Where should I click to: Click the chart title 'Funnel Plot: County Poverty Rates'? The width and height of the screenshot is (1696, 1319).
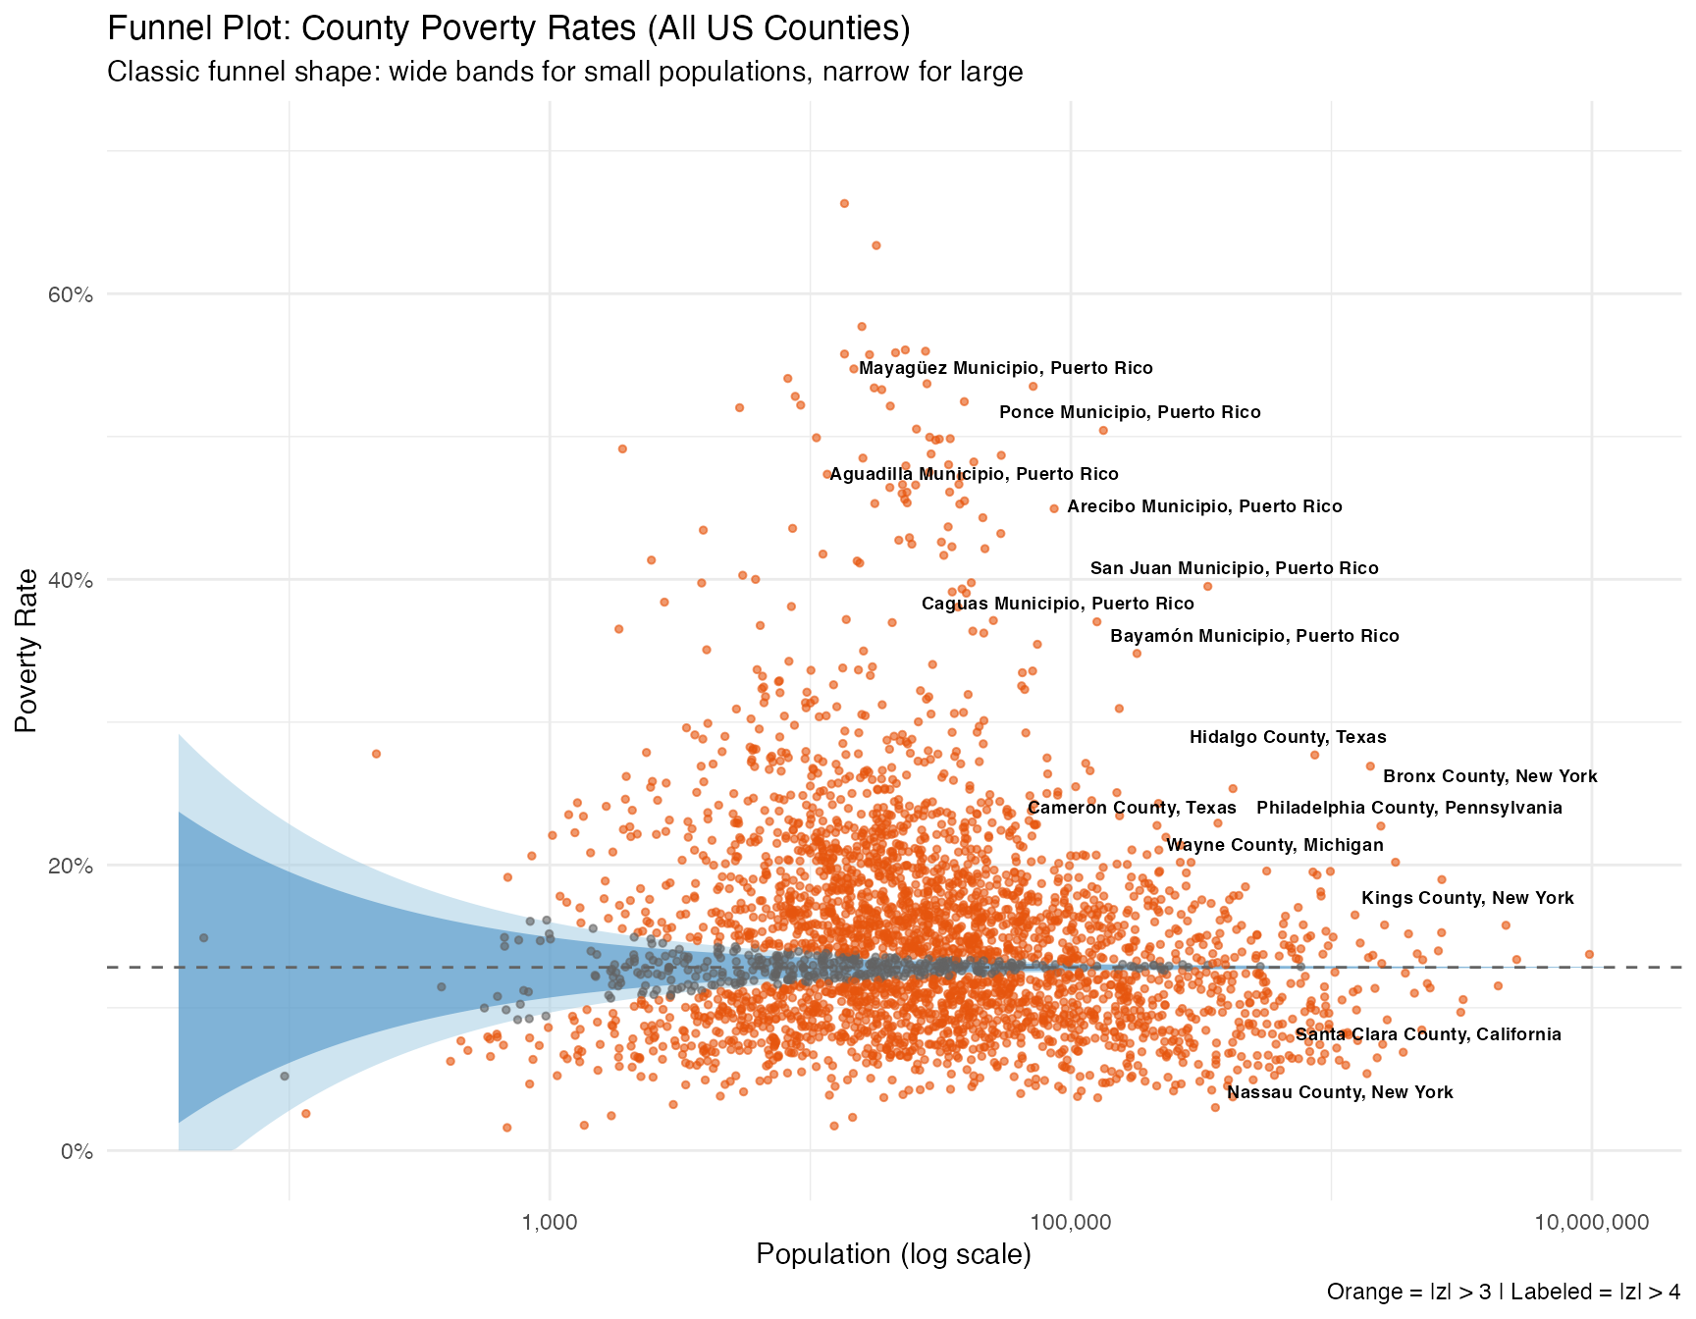click(x=508, y=28)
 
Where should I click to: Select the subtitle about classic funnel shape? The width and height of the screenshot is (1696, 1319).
click(x=564, y=73)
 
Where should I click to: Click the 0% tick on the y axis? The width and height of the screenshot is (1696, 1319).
click(x=75, y=1151)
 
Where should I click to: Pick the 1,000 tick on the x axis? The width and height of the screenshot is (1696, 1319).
click(x=549, y=1223)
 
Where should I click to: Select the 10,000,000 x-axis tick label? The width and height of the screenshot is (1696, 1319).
click(x=1591, y=1223)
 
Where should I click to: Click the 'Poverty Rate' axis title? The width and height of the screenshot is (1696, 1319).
click(x=26, y=650)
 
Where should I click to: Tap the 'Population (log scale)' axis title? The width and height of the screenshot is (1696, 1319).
click(x=893, y=1255)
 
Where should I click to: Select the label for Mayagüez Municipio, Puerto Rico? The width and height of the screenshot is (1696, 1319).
click(x=1005, y=369)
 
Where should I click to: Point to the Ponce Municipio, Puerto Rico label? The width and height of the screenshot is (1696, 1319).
click(x=1130, y=413)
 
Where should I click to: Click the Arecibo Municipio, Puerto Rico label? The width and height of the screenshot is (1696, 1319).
click(x=1204, y=507)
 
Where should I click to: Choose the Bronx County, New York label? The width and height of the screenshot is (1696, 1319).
click(x=1490, y=777)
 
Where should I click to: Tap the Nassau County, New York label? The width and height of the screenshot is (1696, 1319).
click(x=1340, y=1093)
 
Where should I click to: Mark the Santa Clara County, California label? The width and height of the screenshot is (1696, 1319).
click(x=1428, y=1034)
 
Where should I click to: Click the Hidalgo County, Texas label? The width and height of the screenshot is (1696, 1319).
click(x=1288, y=738)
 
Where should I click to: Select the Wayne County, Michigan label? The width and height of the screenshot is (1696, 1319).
click(x=1275, y=846)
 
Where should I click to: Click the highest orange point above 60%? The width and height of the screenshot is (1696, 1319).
click(x=843, y=203)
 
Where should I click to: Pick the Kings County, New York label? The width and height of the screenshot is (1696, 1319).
click(x=1467, y=899)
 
